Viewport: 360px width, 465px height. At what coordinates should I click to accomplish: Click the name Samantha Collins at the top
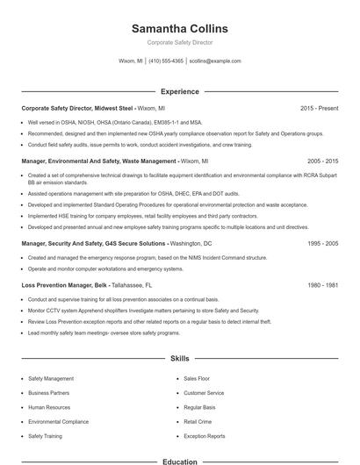tap(179, 28)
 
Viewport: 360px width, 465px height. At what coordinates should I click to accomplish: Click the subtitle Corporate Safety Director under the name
tap(179, 42)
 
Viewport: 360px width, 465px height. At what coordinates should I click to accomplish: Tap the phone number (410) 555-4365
tap(166, 61)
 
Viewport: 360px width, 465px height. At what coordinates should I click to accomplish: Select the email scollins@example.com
tap(215, 61)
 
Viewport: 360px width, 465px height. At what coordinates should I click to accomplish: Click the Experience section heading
tap(179, 91)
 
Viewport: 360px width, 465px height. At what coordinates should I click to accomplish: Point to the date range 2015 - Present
tap(319, 108)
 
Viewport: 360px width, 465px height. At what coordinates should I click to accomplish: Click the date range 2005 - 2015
tap(322, 161)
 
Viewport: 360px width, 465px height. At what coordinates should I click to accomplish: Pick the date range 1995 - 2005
tap(322, 243)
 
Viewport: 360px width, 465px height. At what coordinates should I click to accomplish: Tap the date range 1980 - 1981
tap(322, 285)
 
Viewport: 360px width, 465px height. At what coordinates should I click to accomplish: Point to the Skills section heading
tap(179, 359)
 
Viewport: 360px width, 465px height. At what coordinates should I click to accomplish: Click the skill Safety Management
tap(51, 378)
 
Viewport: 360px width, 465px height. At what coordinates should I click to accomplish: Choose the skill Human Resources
tap(48, 407)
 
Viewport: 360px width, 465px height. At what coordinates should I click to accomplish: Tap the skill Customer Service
tap(203, 392)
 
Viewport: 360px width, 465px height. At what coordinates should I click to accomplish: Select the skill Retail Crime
tap(198, 421)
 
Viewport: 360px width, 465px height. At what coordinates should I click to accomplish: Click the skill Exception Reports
tap(205, 436)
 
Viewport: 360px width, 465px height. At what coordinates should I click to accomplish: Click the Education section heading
tap(179, 461)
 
